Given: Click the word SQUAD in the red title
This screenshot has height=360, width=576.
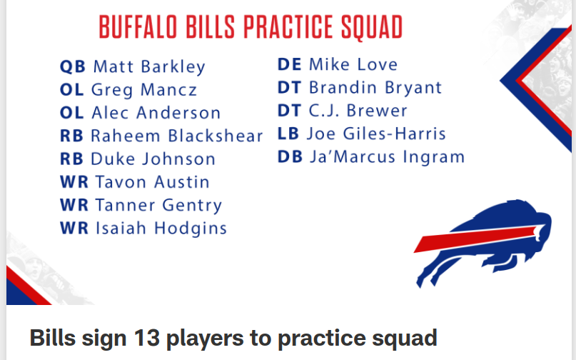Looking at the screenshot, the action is click(x=371, y=27).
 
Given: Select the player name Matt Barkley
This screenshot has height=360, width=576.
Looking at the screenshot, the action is click(x=149, y=67).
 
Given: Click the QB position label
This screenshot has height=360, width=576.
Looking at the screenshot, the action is click(x=73, y=66).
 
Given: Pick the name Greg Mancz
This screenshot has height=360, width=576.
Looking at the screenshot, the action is click(x=144, y=90).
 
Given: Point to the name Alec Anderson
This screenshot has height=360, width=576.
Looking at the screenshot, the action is click(x=156, y=113).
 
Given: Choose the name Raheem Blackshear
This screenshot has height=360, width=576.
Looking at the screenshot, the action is click(x=177, y=136).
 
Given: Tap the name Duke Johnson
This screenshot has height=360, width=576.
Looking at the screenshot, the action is click(x=153, y=159).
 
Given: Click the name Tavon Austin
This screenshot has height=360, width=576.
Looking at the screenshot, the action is click(x=153, y=182).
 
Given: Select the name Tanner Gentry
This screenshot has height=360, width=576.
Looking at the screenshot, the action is click(x=158, y=205).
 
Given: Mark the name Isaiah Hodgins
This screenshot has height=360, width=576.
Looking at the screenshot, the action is click(x=161, y=229).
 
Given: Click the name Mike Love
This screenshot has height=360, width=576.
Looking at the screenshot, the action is click(x=353, y=64).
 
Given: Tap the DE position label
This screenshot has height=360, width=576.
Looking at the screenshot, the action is click(x=290, y=64).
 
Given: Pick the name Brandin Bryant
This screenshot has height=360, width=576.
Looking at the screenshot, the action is click(x=375, y=88).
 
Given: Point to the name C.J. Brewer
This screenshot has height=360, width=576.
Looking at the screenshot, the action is click(x=358, y=111).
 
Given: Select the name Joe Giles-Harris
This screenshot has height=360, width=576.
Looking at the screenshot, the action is click(x=376, y=134).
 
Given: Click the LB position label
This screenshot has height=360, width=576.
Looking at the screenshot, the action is click(x=288, y=134).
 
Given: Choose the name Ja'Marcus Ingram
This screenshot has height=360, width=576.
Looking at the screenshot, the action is click(x=387, y=157).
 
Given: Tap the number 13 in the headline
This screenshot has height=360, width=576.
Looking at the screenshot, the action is click(x=146, y=338).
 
